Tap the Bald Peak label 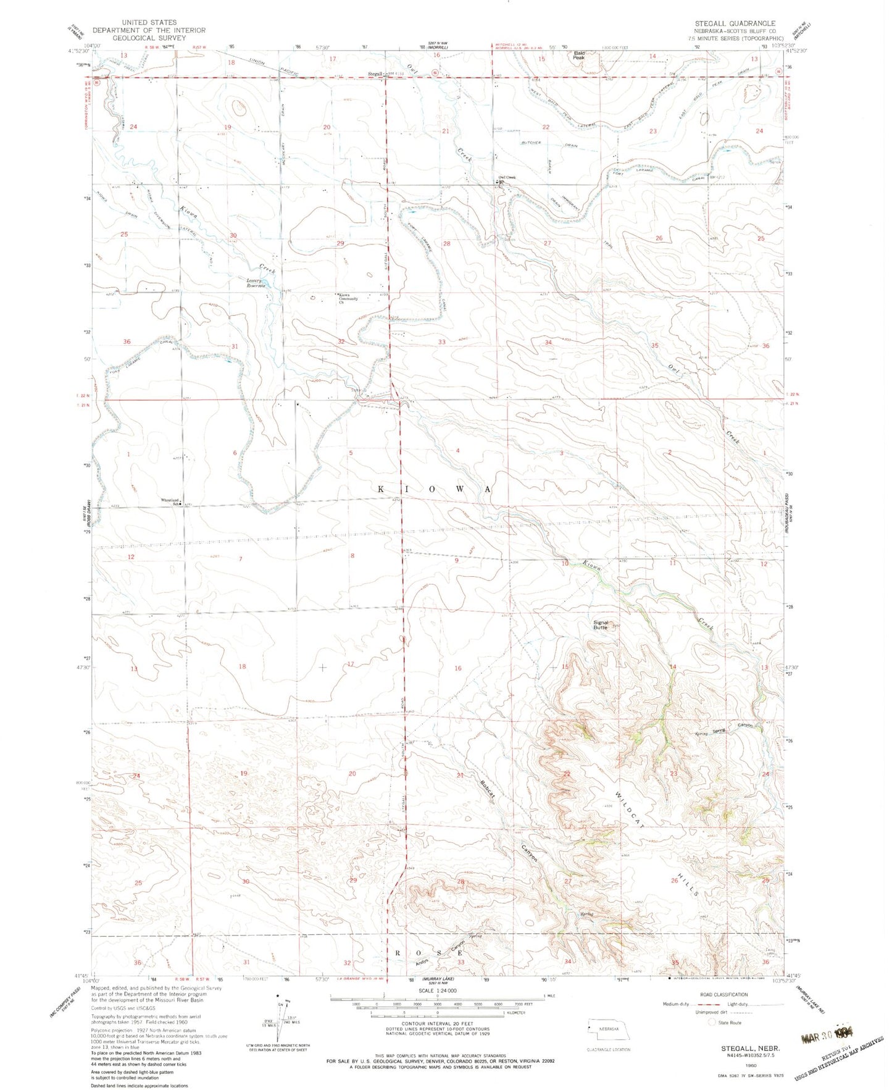coord(578,56)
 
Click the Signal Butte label coord(600,625)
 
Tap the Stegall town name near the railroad coord(375,74)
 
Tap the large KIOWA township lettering coord(434,488)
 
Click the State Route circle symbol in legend coord(714,1023)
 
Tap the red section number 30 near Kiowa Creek coord(233,235)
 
